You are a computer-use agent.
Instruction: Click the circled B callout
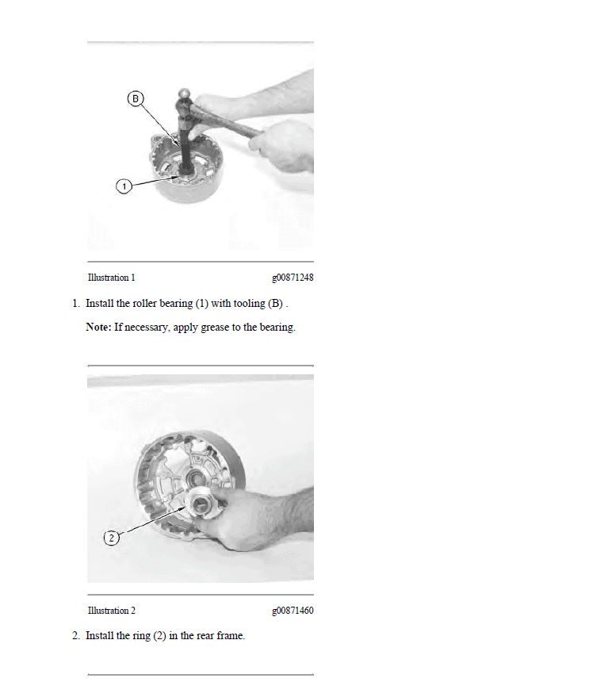[136, 99]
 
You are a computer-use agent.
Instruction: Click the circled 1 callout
[124, 186]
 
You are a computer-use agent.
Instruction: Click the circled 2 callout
[112, 538]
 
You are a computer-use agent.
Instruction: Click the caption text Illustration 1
[111, 278]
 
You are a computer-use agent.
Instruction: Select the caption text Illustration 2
[111, 611]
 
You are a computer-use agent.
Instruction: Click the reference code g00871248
[293, 278]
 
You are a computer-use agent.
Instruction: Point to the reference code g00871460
[293, 611]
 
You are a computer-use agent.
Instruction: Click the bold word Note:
[98, 327]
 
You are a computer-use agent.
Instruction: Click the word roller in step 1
[144, 303]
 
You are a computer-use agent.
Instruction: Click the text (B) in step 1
[275, 304]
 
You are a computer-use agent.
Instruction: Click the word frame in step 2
[231, 636]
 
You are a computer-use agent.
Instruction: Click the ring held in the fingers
[201, 504]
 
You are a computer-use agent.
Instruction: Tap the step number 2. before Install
[76, 636]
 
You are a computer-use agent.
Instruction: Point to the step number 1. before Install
[76, 304]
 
